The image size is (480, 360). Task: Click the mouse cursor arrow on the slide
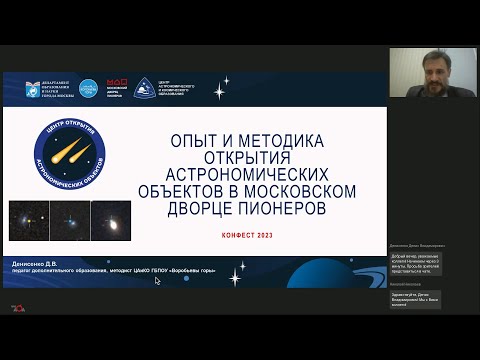pos(156,281)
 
